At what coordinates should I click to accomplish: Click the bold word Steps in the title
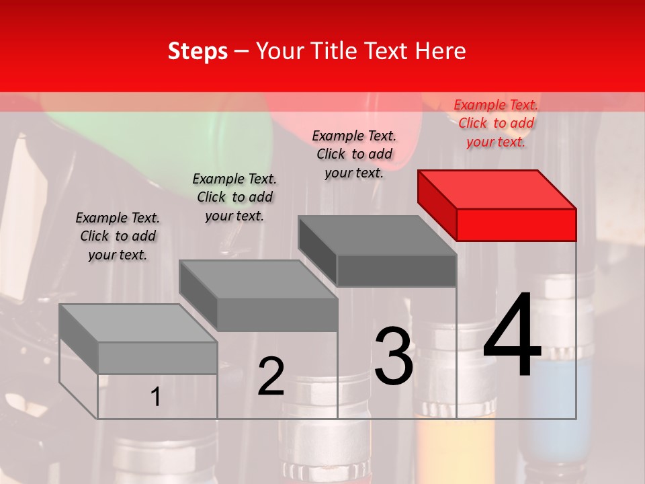[198, 52]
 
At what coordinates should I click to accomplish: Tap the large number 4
[512, 336]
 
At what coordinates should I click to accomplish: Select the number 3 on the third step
[393, 356]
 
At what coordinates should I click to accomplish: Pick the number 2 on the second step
[271, 376]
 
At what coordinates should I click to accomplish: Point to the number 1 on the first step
[155, 397]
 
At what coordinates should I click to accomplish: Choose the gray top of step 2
[258, 279]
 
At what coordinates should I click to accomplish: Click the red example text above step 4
[496, 123]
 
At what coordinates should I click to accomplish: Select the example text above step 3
[354, 154]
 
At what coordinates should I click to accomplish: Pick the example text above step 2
[234, 197]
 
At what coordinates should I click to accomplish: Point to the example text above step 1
[118, 236]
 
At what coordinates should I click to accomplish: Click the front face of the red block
[516, 225]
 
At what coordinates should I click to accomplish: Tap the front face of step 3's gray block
[396, 271]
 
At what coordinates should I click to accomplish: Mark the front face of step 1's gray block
[157, 358]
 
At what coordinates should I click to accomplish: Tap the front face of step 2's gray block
[277, 315]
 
